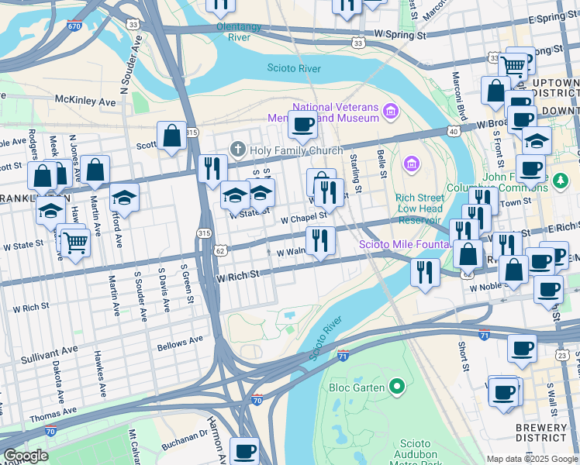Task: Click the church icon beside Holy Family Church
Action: click(x=238, y=149)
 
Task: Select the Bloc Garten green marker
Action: click(x=398, y=385)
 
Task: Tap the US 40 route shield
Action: click(x=454, y=132)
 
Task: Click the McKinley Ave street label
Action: click(x=85, y=101)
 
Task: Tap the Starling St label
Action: click(x=355, y=174)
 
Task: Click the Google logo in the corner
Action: click(x=26, y=456)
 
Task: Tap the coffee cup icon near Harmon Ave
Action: click(x=245, y=449)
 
